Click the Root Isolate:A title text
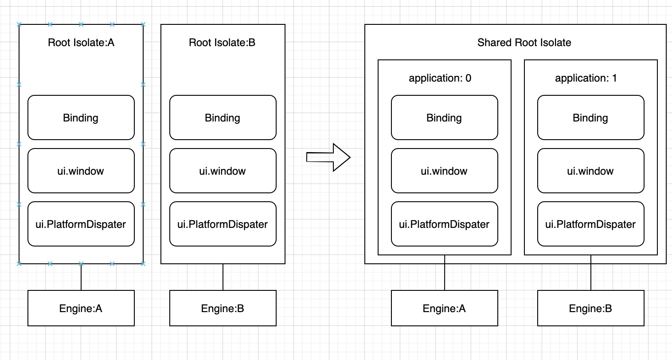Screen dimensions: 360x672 (81, 43)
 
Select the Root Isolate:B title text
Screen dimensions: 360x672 (222, 43)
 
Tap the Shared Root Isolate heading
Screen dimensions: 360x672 (524, 43)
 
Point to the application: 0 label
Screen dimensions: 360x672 (440, 78)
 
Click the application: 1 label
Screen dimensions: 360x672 (586, 78)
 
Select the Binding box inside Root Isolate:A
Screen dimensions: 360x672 (81, 117)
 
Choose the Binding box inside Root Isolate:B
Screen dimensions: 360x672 (223, 117)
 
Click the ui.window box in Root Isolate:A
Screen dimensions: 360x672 (81, 171)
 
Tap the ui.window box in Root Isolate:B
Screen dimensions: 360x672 (223, 171)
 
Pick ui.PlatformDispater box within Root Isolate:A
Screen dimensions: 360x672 (81, 224)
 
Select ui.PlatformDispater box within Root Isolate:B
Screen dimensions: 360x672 (223, 224)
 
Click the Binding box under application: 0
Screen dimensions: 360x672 (444, 117)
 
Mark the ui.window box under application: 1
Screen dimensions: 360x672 (590, 171)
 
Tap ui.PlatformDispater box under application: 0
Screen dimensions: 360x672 (444, 224)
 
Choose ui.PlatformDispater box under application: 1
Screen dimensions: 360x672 (590, 224)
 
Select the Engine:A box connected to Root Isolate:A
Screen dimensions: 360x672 (81, 308)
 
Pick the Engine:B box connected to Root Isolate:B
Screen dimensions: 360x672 (223, 308)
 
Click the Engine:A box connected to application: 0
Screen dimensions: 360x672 (444, 308)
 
